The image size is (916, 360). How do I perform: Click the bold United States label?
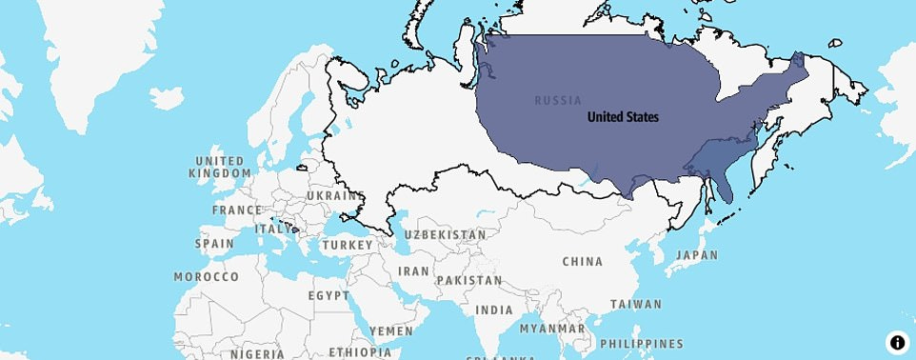623,117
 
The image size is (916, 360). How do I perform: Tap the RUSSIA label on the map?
558,100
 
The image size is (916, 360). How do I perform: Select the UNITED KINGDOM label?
219,167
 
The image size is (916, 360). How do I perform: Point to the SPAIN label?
214,243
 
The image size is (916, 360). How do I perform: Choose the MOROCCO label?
207,276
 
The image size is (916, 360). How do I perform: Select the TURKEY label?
347,245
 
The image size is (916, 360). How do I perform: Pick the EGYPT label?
329,295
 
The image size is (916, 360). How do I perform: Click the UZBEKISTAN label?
445,234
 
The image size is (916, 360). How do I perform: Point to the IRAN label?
413,270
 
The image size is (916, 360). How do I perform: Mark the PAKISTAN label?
469,281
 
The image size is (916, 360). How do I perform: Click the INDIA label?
494,310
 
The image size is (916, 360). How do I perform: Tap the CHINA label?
583,261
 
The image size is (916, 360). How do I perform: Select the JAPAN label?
698,255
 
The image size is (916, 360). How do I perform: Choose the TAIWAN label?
637,305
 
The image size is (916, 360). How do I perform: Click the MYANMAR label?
553,329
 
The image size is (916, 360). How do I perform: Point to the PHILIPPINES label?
642,343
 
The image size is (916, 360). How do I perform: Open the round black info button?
897,342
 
